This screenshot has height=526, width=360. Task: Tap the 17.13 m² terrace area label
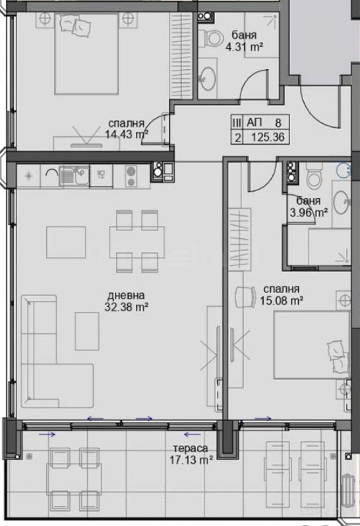(190, 454)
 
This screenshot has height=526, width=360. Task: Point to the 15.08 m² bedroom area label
(282, 295)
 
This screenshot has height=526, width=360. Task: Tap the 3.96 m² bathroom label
(310, 207)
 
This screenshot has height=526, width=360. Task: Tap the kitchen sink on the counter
(74, 175)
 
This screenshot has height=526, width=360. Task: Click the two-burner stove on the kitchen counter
(130, 176)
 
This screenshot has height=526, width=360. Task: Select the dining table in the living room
(137, 241)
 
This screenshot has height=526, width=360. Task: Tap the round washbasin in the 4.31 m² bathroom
(207, 79)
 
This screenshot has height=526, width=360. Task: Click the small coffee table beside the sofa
(87, 331)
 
